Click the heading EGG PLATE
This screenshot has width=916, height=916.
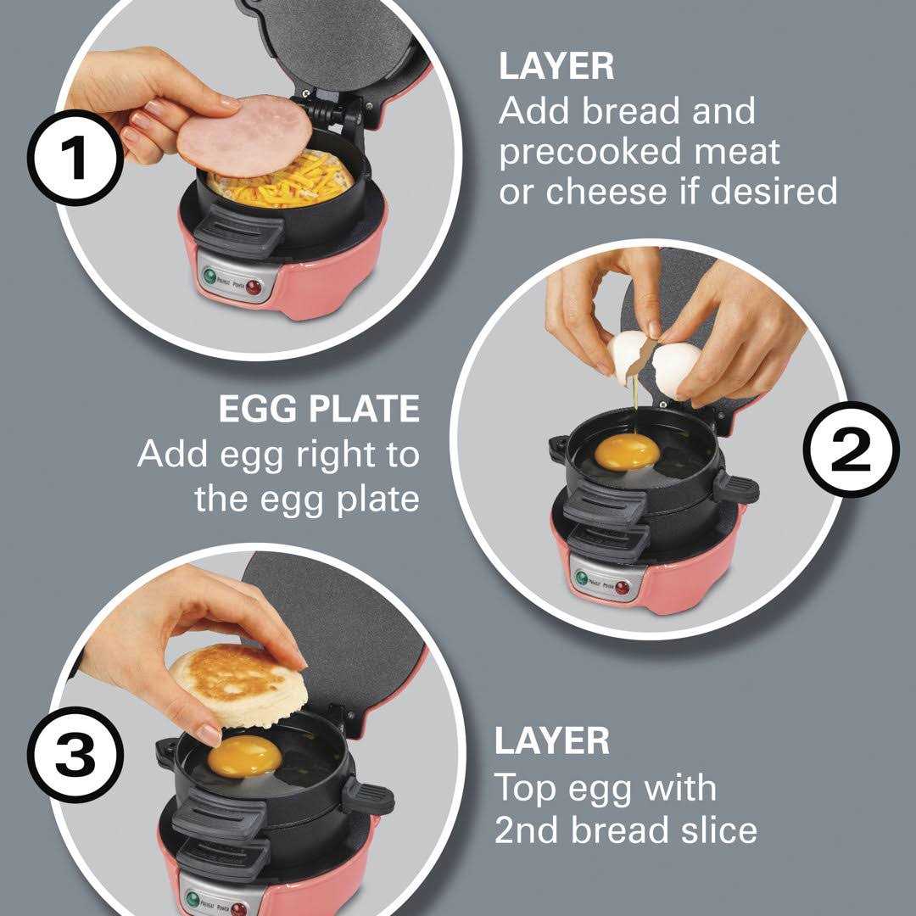(x=319, y=410)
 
